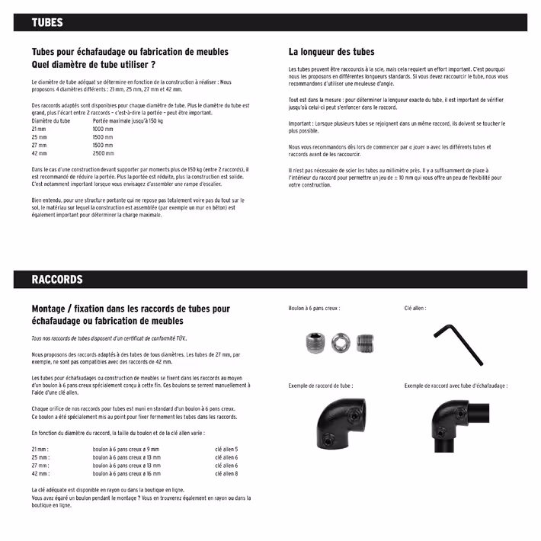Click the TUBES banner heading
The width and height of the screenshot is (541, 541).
pyautogui.click(x=47, y=23)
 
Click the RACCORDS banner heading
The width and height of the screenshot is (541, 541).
pyautogui.click(x=57, y=280)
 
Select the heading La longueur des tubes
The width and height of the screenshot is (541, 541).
pyautogui.click(x=331, y=52)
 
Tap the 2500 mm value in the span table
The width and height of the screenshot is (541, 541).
pyautogui.click(x=103, y=153)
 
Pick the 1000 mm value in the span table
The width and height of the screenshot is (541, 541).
pyautogui.click(x=103, y=129)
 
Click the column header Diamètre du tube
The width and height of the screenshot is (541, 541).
pyautogui.click(x=51, y=120)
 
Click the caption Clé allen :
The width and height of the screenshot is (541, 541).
pyautogui.click(x=415, y=309)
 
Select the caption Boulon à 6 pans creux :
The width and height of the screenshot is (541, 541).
pyautogui.click(x=314, y=309)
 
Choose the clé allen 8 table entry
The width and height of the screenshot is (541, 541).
pyautogui.click(x=226, y=474)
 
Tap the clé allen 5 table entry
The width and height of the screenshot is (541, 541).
pyautogui.click(x=226, y=449)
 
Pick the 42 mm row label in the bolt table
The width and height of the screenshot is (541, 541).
pyautogui.click(x=40, y=474)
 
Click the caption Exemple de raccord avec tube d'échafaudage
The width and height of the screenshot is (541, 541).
pyautogui.click(x=456, y=386)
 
